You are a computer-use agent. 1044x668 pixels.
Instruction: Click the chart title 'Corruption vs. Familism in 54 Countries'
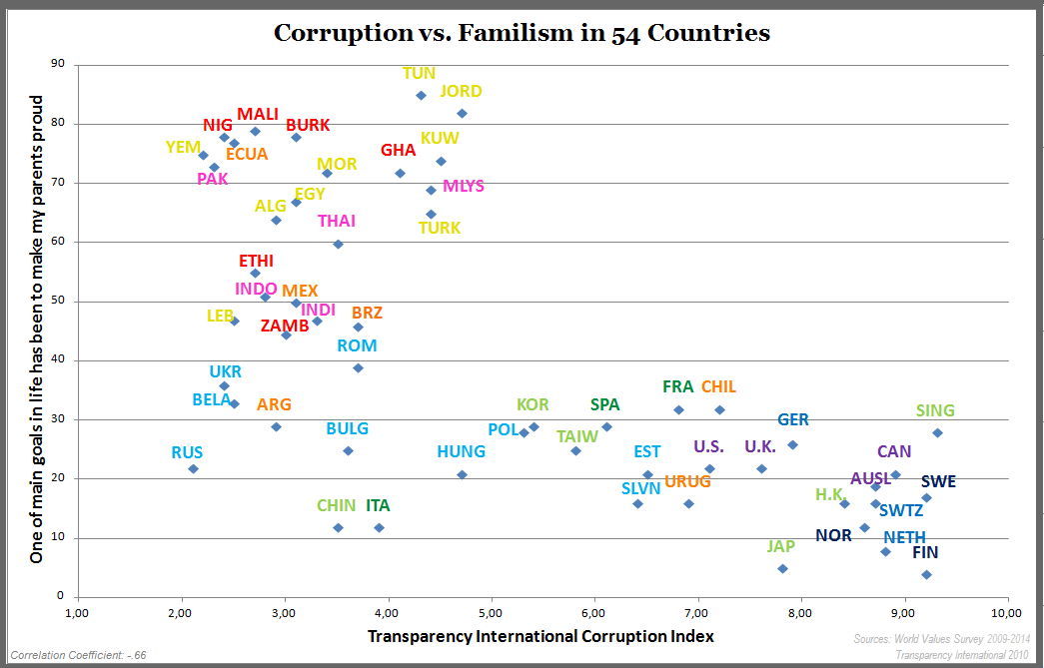[x=522, y=33]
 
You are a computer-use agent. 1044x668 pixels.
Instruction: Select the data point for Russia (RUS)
[x=193, y=468]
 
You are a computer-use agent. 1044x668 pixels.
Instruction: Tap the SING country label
[x=935, y=410]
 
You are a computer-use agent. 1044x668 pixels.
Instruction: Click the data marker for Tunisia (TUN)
[x=421, y=96]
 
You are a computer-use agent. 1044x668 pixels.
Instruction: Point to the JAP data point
[x=782, y=569]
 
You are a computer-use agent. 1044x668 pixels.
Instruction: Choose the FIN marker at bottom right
[x=926, y=575]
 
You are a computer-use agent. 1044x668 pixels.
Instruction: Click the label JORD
[x=461, y=91]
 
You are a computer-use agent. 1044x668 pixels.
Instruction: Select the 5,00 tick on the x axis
[x=491, y=612]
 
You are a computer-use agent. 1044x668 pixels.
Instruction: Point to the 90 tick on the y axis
[x=57, y=64]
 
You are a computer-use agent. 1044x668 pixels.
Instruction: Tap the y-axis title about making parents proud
[x=37, y=330]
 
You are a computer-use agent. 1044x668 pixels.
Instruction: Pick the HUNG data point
[x=462, y=474]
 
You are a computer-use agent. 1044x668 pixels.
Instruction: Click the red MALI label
[x=258, y=114]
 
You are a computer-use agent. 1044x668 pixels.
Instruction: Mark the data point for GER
[x=792, y=444]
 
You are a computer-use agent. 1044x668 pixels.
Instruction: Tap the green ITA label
[x=378, y=505]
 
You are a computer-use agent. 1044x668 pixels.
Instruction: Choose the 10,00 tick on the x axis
[x=1006, y=612]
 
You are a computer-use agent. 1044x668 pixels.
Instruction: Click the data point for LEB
[x=234, y=321]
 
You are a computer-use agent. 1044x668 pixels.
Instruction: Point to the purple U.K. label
[x=759, y=446]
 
